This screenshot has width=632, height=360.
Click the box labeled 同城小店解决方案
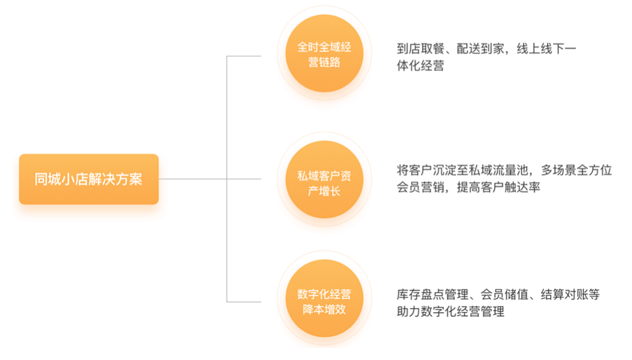[89, 179]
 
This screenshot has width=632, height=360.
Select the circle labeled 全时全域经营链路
[324, 55]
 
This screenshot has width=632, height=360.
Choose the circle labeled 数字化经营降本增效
[324, 301]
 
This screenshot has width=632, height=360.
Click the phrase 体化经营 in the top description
[420, 65]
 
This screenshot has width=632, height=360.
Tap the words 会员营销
[419, 188]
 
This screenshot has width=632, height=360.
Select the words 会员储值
[502, 294]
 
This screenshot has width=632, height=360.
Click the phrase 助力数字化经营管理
[450, 311]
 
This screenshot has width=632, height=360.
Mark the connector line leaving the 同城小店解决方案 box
[192, 179]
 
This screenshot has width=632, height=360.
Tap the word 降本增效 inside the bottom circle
[324, 310]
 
